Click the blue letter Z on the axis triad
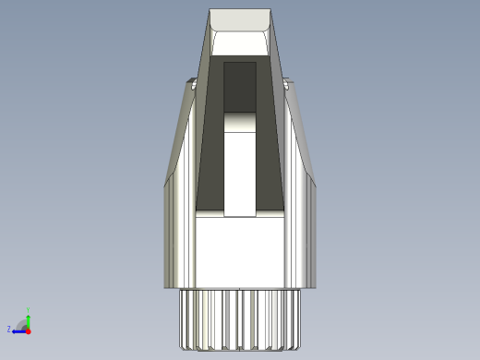pyautogui.click(x=9, y=329)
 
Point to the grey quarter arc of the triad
pyautogui.click(x=22, y=323)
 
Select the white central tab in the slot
pyautogui.click(x=240, y=171)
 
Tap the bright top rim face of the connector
pyautogui.click(x=240, y=19)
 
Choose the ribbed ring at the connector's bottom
pyautogui.click(x=240, y=318)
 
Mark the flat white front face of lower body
pyautogui.click(x=240, y=254)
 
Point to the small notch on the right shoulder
pyautogui.click(x=286, y=84)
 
